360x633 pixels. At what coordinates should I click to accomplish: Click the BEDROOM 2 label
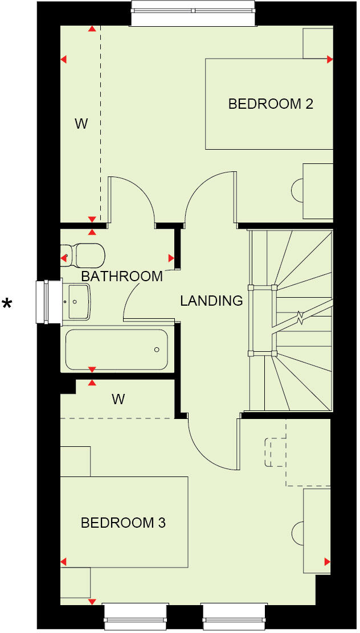tap(271, 104)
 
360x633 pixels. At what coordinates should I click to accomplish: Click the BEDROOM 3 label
tap(123, 523)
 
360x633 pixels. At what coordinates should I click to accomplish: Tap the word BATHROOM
tap(122, 277)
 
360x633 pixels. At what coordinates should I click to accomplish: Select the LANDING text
tap(211, 301)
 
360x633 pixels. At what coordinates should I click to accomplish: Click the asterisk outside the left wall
tap(7, 304)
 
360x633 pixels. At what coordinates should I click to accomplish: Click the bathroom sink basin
tap(76, 301)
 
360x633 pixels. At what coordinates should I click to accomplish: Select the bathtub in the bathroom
tap(117, 350)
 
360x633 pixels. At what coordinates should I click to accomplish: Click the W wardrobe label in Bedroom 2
tap(81, 124)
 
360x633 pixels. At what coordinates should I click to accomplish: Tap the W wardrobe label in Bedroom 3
tap(118, 399)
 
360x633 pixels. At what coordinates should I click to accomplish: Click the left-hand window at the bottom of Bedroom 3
tap(137, 615)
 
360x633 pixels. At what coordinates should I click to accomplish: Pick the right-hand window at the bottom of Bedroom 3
tap(235, 615)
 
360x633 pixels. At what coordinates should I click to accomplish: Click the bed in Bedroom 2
tap(268, 104)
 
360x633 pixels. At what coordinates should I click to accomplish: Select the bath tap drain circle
tap(157, 350)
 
